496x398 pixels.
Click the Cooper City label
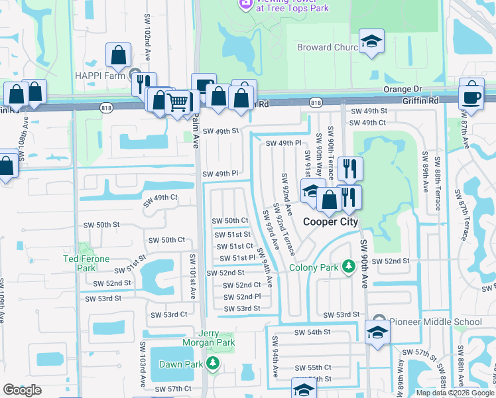click(330, 222)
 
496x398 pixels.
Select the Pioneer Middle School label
click(436, 322)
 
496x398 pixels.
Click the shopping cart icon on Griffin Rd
click(177, 103)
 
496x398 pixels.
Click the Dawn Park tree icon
click(213, 364)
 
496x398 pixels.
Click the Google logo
click(22, 390)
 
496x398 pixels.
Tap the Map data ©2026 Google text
click(455, 392)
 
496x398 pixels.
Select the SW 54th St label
click(312, 332)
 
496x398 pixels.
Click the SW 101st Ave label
click(194, 275)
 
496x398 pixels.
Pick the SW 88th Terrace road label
click(438, 182)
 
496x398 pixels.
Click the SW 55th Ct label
click(312, 367)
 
